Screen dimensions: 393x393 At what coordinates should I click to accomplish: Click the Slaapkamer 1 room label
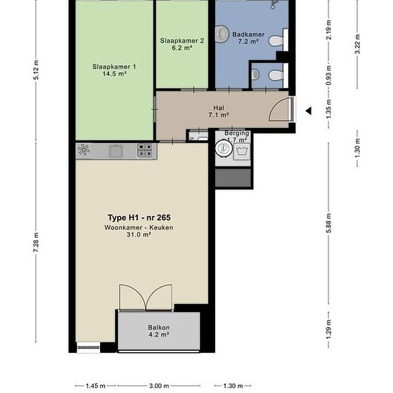point(114,67)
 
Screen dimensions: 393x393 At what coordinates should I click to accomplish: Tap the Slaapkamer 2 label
point(182,41)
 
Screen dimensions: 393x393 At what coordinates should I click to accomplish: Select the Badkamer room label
point(248,34)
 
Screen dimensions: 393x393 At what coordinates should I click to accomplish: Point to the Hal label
point(219,108)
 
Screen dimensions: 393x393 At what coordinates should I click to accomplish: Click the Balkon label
point(159,327)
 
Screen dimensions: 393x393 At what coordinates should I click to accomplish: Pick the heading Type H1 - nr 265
point(139,217)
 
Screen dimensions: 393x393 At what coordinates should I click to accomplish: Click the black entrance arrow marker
point(309,111)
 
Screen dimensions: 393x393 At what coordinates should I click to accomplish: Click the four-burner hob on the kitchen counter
point(145,150)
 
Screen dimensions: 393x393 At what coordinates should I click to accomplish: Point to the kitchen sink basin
point(116,151)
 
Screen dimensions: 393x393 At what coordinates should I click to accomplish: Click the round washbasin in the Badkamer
point(222,34)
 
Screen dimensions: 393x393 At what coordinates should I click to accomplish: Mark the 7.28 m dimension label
point(36,242)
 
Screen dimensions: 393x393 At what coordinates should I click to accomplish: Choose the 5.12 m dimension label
point(36,70)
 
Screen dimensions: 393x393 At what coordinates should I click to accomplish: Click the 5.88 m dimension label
point(329,223)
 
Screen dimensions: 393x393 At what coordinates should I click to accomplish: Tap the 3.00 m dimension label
point(159,385)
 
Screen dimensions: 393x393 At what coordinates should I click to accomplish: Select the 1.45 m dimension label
point(96,385)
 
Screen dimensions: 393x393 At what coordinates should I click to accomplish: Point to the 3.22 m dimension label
point(357,44)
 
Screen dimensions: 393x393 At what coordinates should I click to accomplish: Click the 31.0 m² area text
point(139,234)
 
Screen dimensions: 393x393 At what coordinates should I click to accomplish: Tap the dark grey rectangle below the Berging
point(233,178)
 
